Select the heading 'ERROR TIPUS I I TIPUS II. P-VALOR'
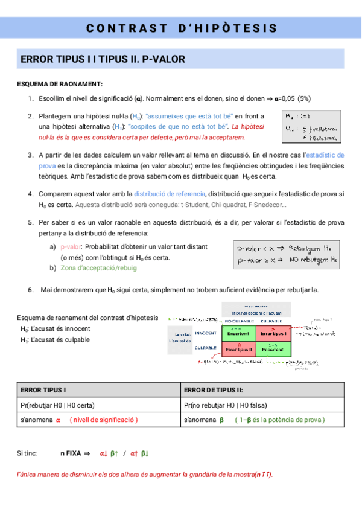[103, 59]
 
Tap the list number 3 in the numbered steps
[30, 155]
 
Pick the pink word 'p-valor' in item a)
[71, 247]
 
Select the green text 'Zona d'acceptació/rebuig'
[98, 268]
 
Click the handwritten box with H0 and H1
[310, 124]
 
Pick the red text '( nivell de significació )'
[104, 420]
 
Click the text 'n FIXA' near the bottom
[71, 453]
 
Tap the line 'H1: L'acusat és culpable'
[55, 339]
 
